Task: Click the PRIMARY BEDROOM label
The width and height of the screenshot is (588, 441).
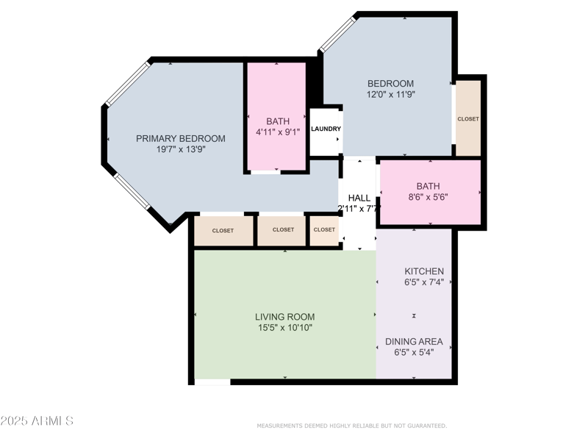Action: click(180, 138)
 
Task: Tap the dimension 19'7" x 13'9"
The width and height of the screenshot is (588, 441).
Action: click(180, 149)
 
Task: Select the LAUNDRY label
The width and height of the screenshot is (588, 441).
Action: click(326, 129)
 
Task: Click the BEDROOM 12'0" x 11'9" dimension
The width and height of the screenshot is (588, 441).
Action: click(391, 95)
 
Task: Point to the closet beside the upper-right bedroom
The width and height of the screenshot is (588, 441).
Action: click(468, 118)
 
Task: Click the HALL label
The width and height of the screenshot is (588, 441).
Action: click(359, 198)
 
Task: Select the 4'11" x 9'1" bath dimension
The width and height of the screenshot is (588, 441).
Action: click(277, 132)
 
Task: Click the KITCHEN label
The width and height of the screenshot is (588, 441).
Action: click(423, 271)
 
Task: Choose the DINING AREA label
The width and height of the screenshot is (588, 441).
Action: click(415, 341)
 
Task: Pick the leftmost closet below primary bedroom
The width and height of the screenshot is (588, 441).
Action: click(223, 231)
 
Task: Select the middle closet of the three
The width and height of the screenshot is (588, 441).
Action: click(283, 230)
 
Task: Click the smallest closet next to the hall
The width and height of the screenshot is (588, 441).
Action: click(324, 230)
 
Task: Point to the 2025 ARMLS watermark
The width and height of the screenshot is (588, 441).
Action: click(37, 421)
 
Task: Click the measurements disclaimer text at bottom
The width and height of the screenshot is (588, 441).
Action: click(351, 426)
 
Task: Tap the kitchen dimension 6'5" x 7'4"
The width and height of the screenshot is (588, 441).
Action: click(423, 282)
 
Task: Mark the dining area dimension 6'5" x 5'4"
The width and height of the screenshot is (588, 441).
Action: click(415, 352)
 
